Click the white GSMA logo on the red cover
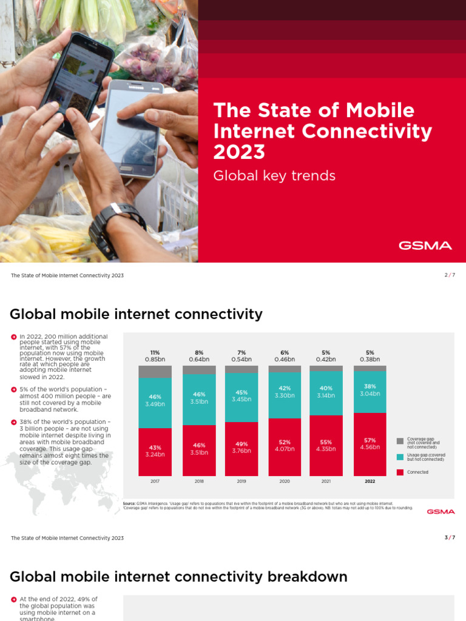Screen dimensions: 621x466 (x=425, y=246)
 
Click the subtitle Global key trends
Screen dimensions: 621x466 (x=274, y=176)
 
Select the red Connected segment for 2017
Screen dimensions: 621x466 (x=155, y=452)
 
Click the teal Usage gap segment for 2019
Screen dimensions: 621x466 (x=241, y=397)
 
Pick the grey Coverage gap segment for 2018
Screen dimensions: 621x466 (x=198, y=370)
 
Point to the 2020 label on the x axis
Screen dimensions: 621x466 (x=285, y=481)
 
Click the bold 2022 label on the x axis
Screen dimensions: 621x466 (x=370, y=481)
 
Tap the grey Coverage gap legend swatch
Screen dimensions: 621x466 (x=400, y=441)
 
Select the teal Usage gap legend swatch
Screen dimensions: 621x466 (x=400, y=457)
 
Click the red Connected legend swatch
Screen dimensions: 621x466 (x=400, y=472)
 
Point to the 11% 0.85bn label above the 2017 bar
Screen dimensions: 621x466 (x=155, y=356)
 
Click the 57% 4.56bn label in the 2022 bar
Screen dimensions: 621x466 (x=370, y=443)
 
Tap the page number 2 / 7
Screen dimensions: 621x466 (x=449, y=275)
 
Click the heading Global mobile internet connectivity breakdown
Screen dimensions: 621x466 (x=178, y=576)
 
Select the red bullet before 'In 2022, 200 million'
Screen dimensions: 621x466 (x=13, y=337)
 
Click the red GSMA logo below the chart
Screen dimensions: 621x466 (x=440, y=512)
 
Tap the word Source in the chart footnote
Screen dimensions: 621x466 (x=129, y=503)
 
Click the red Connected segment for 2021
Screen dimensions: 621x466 (x=326, y=446)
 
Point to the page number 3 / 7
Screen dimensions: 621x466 (x=449, y=537)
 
